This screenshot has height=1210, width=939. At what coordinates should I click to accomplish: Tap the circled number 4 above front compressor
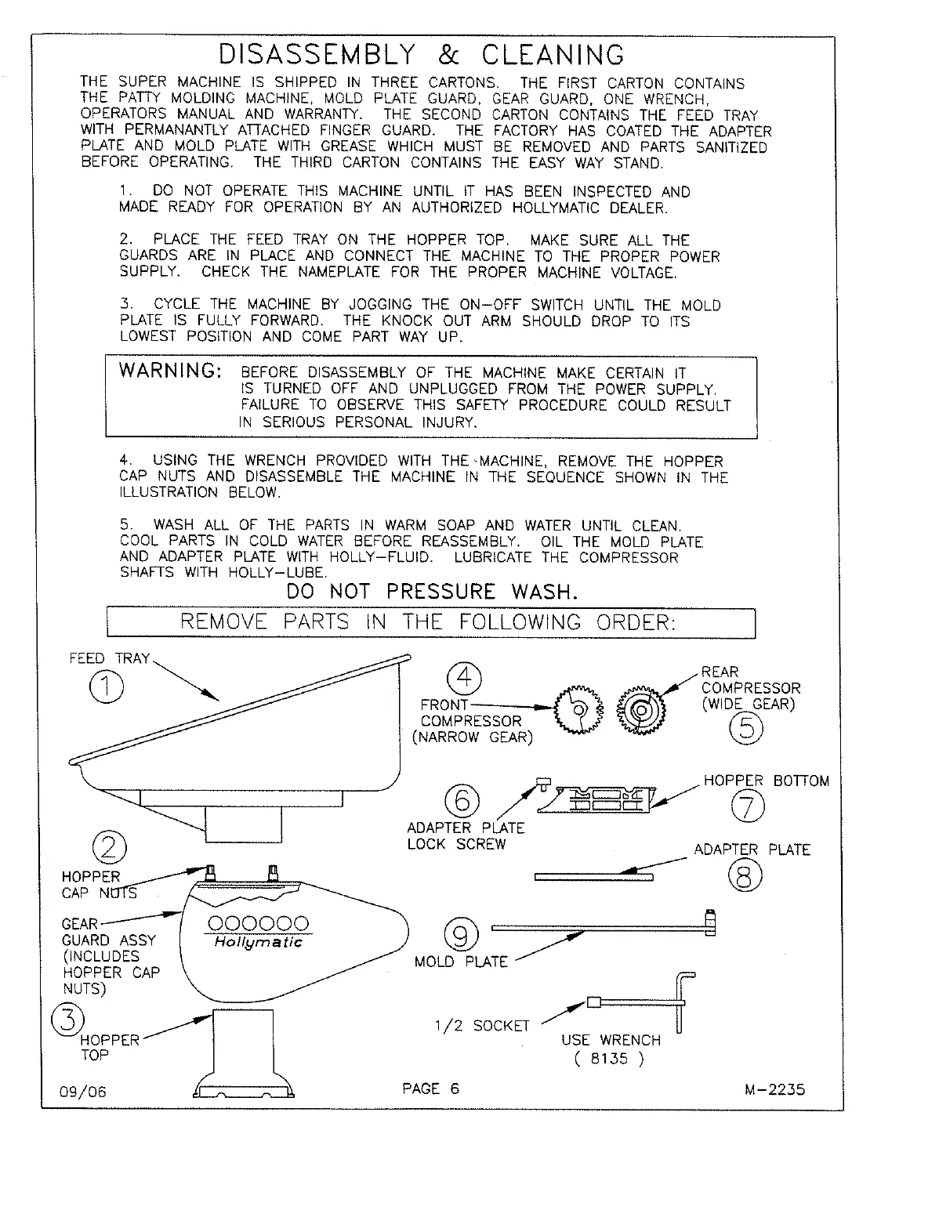pos(464,677)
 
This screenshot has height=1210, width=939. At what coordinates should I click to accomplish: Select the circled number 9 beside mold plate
pos(460,935)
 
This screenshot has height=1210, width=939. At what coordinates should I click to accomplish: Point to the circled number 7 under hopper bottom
pos(746,808)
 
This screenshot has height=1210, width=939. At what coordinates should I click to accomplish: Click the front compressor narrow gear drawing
pos(580,710)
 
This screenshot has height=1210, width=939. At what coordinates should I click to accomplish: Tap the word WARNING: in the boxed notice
pos(169,371)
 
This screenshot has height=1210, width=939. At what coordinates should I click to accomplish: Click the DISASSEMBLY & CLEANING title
pos(422,55)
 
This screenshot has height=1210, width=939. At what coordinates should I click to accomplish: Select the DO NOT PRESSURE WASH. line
pos(432,592)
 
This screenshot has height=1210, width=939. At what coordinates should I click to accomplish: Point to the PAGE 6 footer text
pos(430,1089)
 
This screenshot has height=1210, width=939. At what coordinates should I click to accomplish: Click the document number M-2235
pos(776,1089)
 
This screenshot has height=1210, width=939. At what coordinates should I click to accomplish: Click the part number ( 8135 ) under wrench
pos(609,1060)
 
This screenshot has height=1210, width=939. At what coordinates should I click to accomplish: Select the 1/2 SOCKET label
pos(482,1026)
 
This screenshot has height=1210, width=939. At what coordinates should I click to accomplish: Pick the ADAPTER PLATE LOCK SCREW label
pos(466,836)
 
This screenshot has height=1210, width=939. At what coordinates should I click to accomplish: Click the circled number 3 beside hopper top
pos(67,1020)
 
